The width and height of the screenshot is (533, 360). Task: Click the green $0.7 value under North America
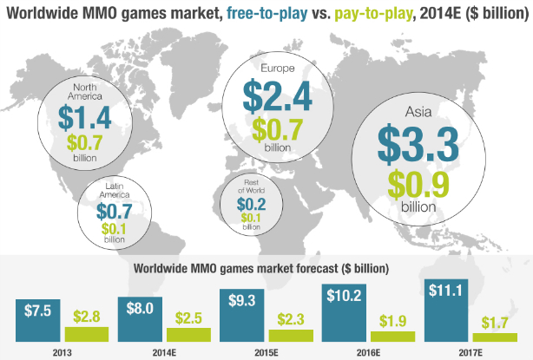pos(85,143)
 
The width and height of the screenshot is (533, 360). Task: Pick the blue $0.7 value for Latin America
pos(114,211)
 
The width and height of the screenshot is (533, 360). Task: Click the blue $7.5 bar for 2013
pos(38,320)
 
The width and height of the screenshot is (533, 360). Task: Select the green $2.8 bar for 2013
pos(87,333)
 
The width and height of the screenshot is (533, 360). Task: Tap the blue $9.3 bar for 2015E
pos(241,317)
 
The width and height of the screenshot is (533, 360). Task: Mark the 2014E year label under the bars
pos(166,351)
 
